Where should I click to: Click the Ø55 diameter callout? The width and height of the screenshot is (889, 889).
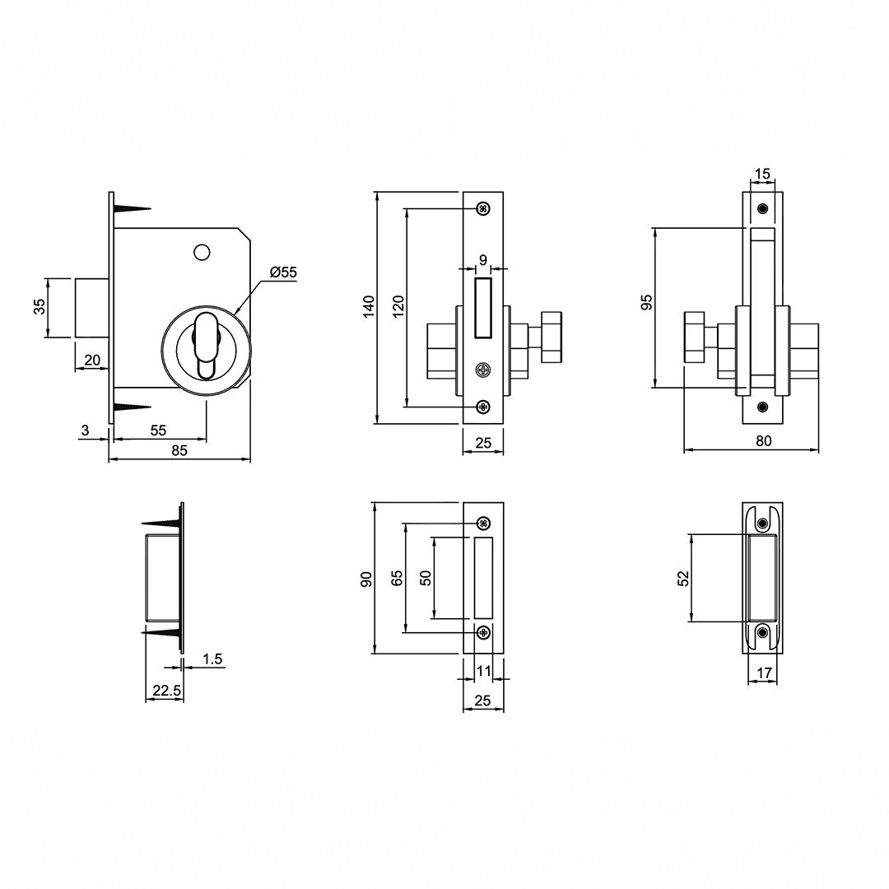(x=283, y=272)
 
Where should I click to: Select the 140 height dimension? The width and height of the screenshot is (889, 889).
(x=369, y=307)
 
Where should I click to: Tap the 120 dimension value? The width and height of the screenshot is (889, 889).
(x=398, y=307)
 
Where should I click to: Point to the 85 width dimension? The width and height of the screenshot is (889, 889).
(x=179, y=450)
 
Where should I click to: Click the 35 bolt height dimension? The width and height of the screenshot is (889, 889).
(x=40, y=307)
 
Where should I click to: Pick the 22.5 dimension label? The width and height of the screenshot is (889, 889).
(x=166, y=691)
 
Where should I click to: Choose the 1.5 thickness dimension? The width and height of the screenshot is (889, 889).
(x=212, y=659)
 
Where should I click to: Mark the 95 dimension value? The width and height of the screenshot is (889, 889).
(x=646, y=302)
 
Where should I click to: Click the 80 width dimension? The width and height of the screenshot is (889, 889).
(x=764, y=440)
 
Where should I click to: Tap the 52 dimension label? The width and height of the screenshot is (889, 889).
(x=684, y=579)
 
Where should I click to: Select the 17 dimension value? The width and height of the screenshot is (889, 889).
(x=764, y=673)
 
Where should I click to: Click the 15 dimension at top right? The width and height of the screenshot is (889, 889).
(x=763, y=174)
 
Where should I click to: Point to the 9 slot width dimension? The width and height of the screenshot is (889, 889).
(x=483, y=259)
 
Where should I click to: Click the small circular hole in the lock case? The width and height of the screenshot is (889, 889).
(x=202, y=252)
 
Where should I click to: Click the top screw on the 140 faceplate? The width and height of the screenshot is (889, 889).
(x=483, y=209)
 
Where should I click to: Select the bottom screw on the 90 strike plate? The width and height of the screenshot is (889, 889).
(x=483, y=632)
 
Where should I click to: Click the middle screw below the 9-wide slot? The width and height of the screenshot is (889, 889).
(x=483, y=370)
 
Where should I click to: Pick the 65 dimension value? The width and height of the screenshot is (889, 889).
(x=397, y=578)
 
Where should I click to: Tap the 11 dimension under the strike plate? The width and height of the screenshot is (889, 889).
(x=483, y=672)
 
